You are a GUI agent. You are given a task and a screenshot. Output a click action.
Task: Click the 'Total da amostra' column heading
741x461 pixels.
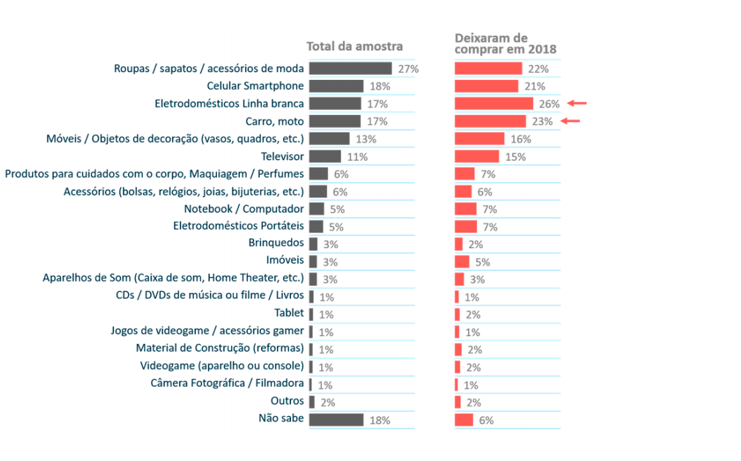(355, 47)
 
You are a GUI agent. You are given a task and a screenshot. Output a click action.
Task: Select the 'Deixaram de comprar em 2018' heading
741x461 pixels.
(505, 44)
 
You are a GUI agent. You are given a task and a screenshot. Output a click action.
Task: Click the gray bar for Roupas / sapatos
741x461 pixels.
(350, 69)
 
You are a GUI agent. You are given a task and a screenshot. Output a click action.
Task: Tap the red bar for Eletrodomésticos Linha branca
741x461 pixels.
(494, 104)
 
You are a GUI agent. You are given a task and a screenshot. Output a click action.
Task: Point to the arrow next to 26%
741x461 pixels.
(577, 104)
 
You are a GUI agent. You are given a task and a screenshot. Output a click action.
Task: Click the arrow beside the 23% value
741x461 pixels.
(571, 121)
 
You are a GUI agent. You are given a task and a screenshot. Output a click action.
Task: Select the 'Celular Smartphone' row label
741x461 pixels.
(255, 86)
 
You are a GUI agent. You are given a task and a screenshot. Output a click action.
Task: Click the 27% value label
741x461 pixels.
(408, 69)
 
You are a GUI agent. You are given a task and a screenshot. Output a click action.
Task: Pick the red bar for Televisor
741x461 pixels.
(477, 156)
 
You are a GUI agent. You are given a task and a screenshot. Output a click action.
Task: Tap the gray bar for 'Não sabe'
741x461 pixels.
(336, 420)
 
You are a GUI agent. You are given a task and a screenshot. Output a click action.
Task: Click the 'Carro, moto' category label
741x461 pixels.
(276, 121)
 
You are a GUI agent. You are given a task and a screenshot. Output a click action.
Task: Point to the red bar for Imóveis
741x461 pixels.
(462, 262)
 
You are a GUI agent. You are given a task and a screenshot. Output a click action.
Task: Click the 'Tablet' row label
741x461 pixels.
(289, 314)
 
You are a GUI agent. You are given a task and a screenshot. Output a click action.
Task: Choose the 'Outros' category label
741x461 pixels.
(287, 401)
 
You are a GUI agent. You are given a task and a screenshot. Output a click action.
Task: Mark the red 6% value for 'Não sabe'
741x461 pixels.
(486, 420)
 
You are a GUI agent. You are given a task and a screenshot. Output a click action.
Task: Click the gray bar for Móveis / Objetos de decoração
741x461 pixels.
(329, 139)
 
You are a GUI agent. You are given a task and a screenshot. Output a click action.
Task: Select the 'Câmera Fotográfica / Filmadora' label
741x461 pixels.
(227, 384)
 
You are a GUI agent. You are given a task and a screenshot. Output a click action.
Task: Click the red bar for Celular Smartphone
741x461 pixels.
(486, 86)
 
